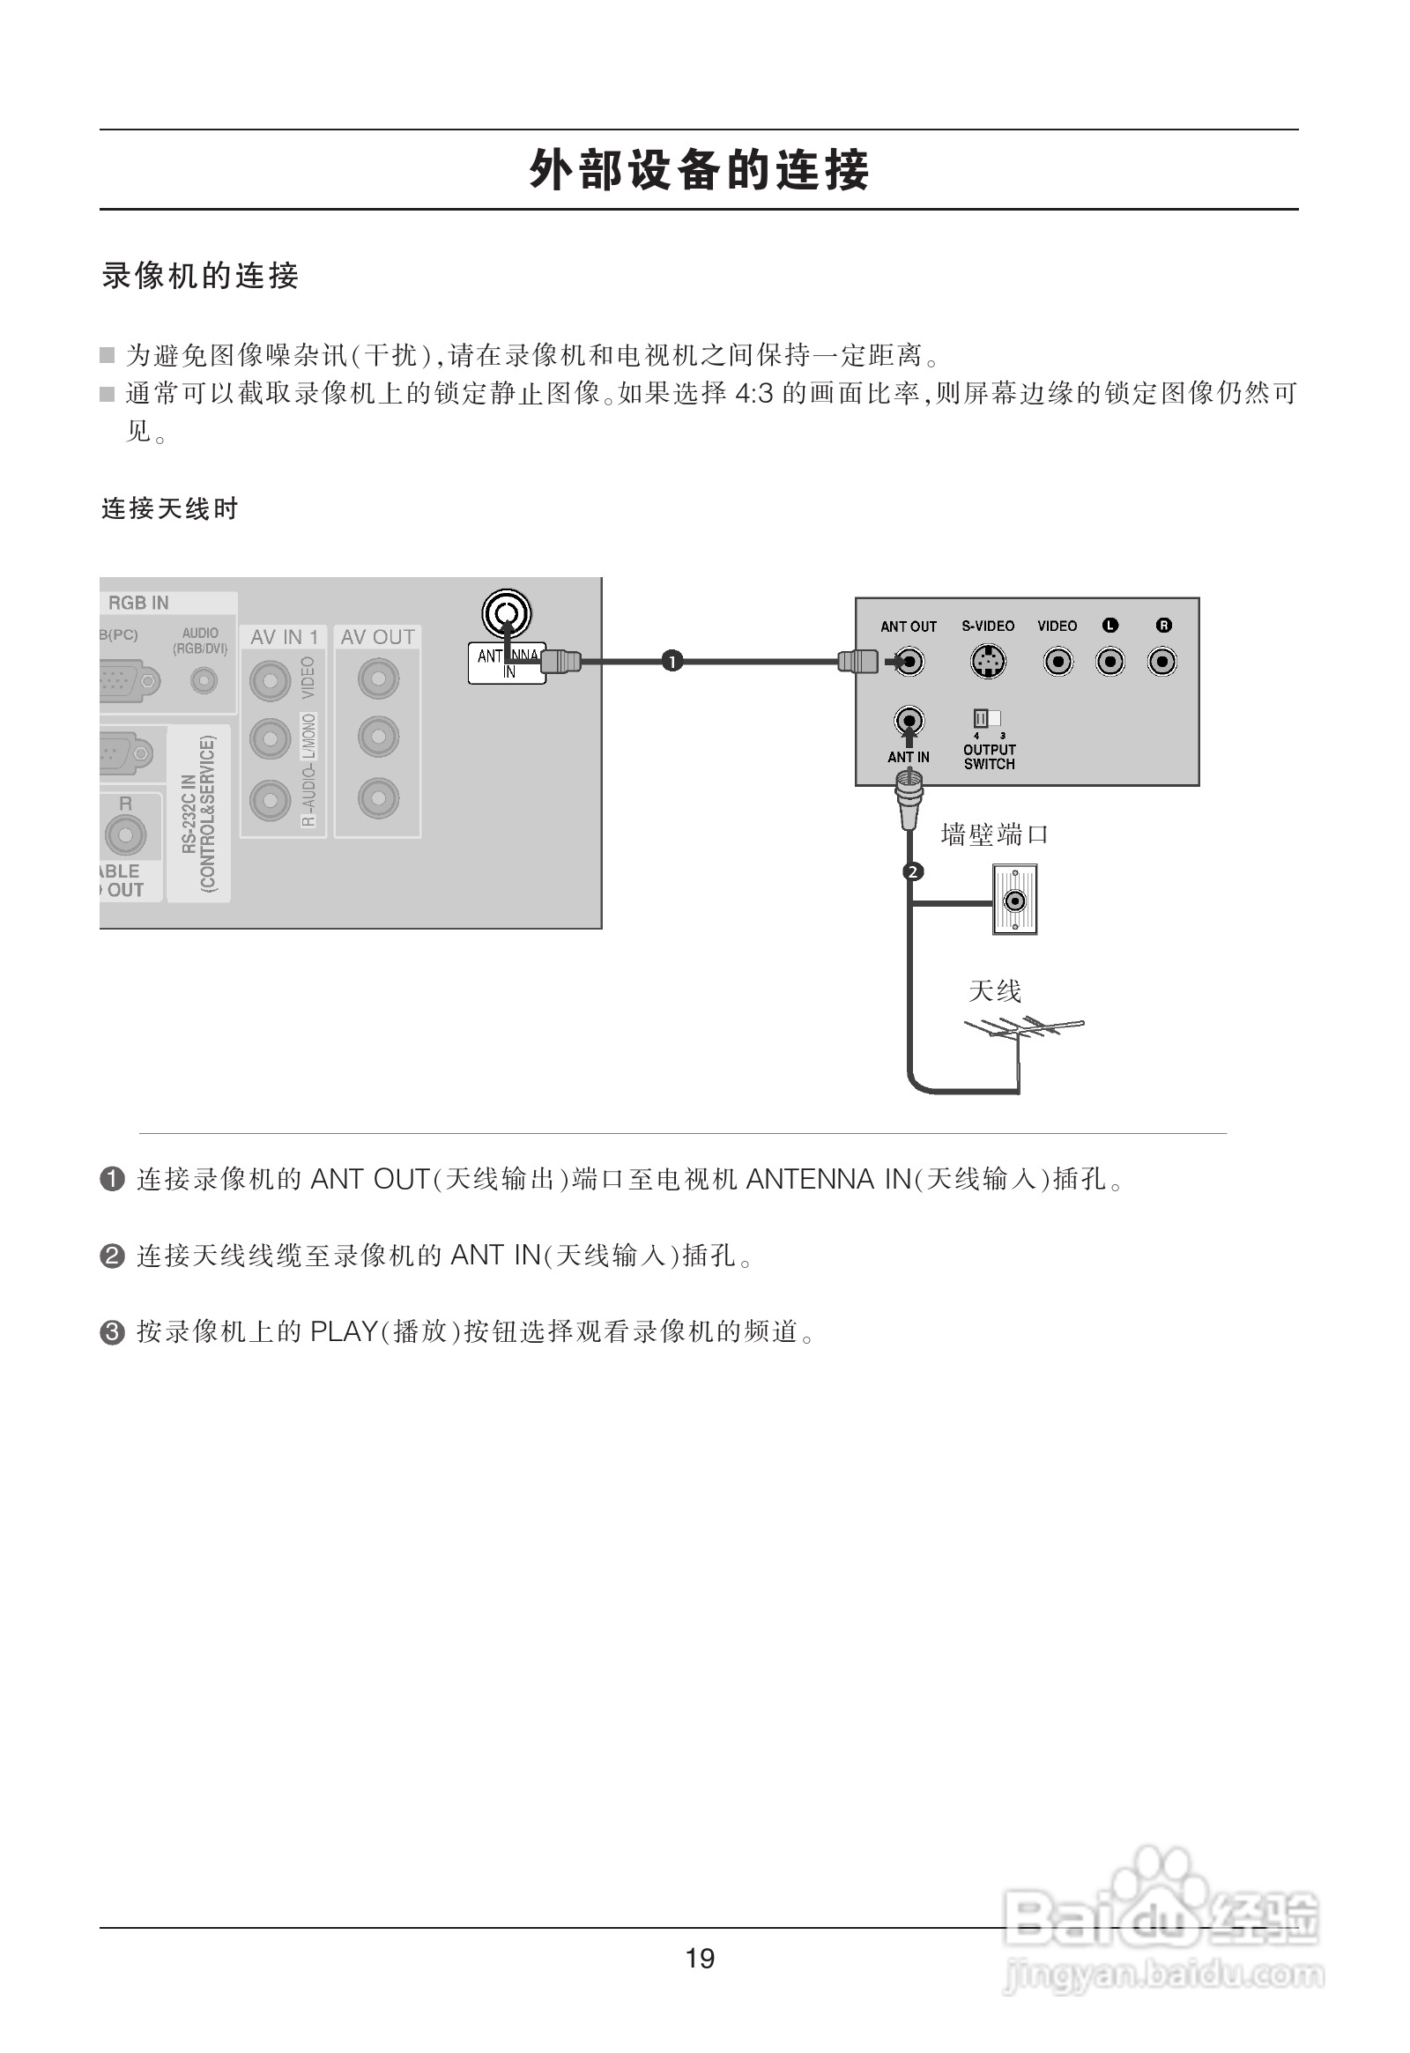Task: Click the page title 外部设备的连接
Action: point(699,170)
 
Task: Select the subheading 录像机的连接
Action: point(201,277)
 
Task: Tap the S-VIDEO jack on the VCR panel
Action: point(988,662)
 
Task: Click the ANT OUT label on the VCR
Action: point(909,626)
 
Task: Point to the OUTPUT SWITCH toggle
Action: point(987,718)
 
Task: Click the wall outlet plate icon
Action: point(1015,901)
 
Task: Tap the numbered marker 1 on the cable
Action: point(672,661)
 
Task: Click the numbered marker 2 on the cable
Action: point(913,872)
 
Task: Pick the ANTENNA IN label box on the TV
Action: point(507,663)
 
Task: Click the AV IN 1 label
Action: point(284,637)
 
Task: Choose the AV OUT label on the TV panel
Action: point(377,637)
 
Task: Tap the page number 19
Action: point(700,1959)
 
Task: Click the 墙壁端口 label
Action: point(994,834)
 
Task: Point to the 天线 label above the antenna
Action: point(995,991)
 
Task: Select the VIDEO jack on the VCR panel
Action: point(1057,662)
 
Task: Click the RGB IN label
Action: point(138,603)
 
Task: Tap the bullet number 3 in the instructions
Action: point(113,1331)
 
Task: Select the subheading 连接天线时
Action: point(169,508)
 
